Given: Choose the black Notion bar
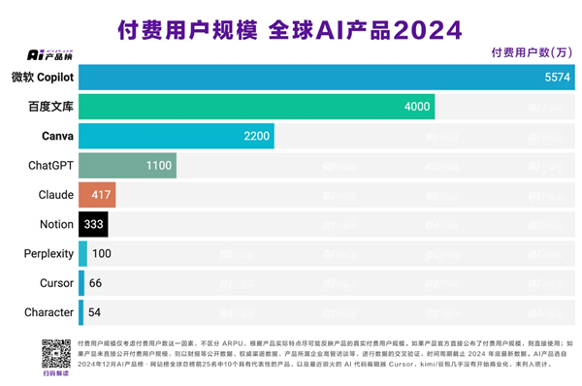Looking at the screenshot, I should [x=93, y=224].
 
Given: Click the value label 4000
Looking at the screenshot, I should [x=416, y=107].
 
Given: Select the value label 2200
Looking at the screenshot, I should [x=256, y=136].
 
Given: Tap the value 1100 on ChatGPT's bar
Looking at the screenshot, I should [x=159, y=166].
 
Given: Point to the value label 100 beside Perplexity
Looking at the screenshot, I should [x=102, y=254].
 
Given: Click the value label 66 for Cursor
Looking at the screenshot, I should [x=96, y=283].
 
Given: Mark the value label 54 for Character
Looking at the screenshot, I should [x=95, y=312].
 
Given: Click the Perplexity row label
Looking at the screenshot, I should [x=48, y=254].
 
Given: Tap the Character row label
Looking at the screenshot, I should [x=48, y=312].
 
